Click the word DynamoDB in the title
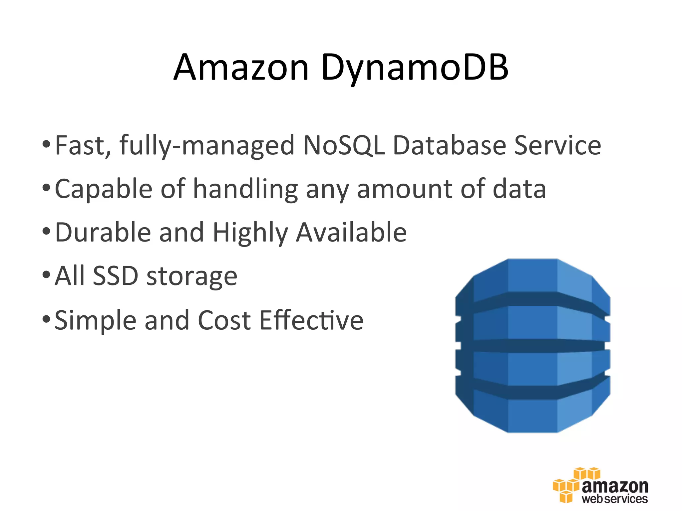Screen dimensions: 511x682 [x=415, y=67]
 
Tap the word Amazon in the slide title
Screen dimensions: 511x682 [x=241, y=67]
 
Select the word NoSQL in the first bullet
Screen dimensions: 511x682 [x=344, y=145]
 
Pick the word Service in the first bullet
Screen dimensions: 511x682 [x=557, y=145]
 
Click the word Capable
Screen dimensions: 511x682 [x=104, y=189]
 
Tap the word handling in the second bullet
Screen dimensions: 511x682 [x=245, y=189]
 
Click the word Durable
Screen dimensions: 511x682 [x=103, y=232]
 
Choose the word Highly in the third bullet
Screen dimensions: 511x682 [x=250, y=232]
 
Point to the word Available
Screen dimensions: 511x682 [x=351, y=232]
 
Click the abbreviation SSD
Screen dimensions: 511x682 [x=115, y=276]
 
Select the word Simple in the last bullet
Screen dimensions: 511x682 [x=96, y=320]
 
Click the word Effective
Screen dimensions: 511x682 [x=311, y=320]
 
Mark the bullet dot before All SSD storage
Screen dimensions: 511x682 [x=46, y=275]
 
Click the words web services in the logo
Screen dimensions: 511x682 [x=615, y=499]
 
